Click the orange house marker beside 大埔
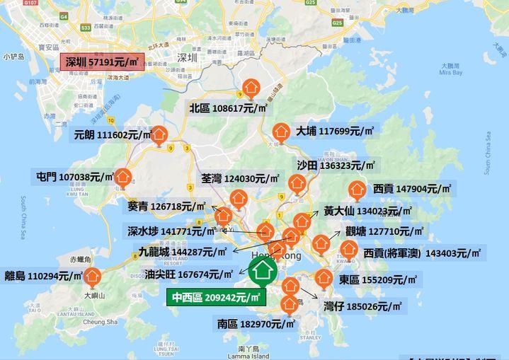tap(280, 132)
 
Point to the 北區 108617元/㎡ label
tap(228, 108)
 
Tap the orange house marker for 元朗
tap(160, 134)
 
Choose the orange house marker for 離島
tap(92, 277)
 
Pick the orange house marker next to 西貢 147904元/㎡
tap(355, 190)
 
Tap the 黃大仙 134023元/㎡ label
tap(367, 211)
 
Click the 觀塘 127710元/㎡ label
tap(384, 231)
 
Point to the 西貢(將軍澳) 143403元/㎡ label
tap(422, 252)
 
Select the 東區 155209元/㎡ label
tap(379, 279)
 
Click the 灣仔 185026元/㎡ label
tap(362, 307)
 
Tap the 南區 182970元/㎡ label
tap(253, 325)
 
